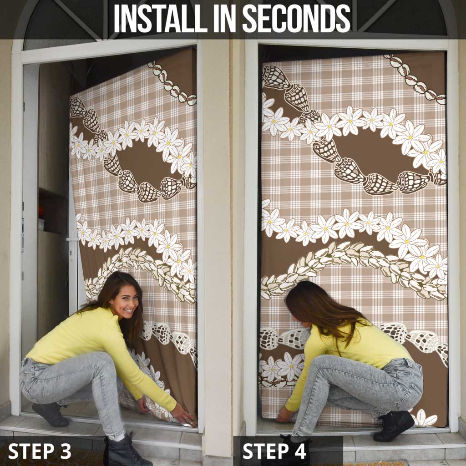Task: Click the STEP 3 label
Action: pos(40,451)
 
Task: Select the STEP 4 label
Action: pos(274,451)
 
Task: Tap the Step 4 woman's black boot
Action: pos(394,426)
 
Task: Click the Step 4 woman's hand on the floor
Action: pos(285,415)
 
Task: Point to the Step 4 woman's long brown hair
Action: pos(319,309)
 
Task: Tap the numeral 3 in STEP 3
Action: pos(65,451)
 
